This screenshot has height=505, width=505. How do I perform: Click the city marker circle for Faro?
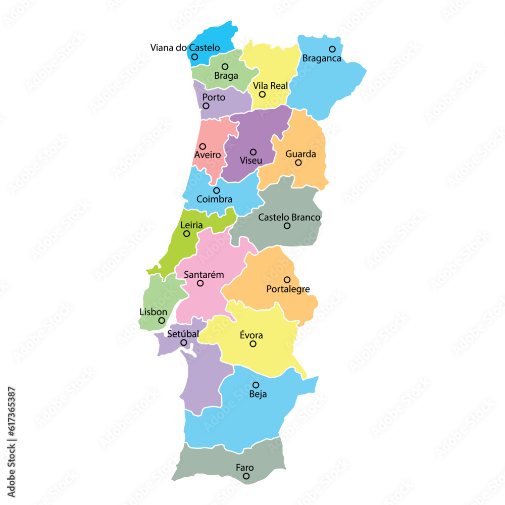[246, 476]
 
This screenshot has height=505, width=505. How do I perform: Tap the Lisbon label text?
[153, 312]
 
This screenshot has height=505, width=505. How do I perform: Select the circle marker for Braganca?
[332, 49]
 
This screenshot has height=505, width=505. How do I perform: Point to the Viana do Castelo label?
[185, 48]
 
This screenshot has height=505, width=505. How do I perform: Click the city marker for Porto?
[206, 106]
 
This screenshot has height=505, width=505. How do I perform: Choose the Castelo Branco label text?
[289, 217]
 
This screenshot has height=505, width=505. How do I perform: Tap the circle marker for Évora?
[253, 344]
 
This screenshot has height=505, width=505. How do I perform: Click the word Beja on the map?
[258, 394]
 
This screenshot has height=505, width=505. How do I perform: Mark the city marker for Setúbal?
[184, 342]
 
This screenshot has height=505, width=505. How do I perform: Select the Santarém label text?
[204, 275]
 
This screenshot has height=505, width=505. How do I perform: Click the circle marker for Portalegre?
[287, 280]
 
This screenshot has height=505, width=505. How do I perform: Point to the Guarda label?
[300, 154]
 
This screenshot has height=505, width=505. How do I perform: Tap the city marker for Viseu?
[253, 152]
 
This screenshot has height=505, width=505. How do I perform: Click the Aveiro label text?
[207, 155]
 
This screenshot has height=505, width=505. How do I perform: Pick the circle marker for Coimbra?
[217, 190]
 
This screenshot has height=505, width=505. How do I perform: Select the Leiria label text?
[191, 225]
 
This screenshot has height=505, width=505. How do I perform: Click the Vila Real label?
[271, 86]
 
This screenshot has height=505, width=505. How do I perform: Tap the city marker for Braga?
[225, 67]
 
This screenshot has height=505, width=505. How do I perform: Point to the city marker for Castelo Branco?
[287, 226]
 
